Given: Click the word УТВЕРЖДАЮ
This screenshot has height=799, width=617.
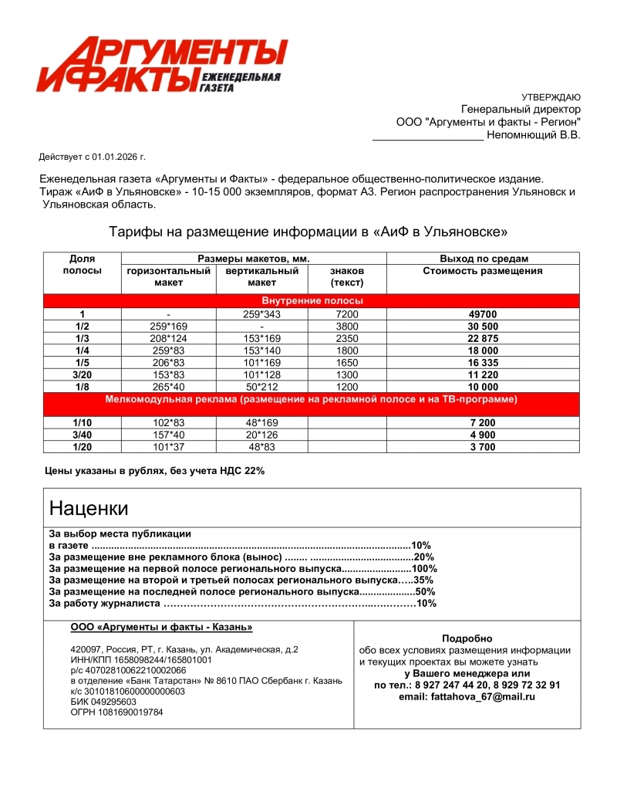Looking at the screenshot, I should click(x=551, y=97).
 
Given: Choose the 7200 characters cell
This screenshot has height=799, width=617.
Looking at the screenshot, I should click(x=346, y=314).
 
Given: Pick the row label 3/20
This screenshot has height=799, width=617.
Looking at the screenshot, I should click(x=82, y=374).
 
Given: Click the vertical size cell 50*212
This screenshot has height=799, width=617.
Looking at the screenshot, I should click(x=261, y=387).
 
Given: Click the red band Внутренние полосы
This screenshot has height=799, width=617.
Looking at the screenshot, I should click(x=312, y=300).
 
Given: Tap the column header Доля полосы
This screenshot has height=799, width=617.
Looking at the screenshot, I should click(x=82, y=265).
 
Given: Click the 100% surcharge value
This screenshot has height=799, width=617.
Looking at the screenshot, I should click(x=424, y=568).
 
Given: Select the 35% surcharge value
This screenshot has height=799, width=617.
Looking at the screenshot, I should click(x=423, y=580).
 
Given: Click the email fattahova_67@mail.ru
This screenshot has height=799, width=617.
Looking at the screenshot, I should click(x=467, y=696).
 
